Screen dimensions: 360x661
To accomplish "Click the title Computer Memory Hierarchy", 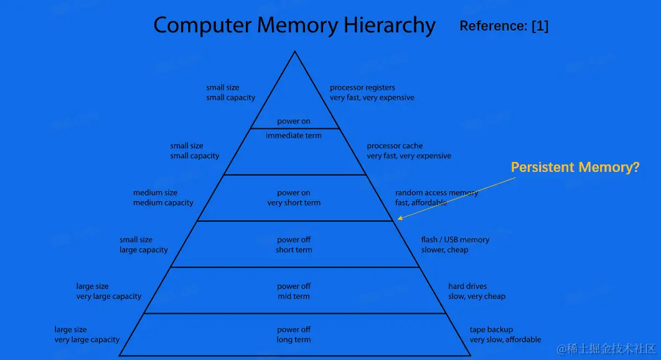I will [x=294, y=26].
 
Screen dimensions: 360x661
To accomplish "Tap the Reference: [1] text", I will [x=504, y=26].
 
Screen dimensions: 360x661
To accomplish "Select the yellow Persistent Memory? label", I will [x=574, y=168].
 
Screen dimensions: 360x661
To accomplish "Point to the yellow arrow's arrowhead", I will [x=400, y=218].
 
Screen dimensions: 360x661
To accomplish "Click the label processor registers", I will [x=362, y=88].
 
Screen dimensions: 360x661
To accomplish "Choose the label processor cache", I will [x=395, y=146].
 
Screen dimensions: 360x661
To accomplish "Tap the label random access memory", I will [x=436, y=193].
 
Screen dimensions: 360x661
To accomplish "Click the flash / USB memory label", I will [x=455, y=240].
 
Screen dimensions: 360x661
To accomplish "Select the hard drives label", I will [x=467, y=287].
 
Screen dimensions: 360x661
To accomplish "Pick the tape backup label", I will [x=491, y=329].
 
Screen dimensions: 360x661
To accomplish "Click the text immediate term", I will [x=294, y=136].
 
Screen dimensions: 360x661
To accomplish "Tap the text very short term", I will [x=294, y=203].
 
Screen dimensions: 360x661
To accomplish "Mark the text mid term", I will [x=294, y=296].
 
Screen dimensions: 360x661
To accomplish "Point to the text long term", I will [x=294, y=339].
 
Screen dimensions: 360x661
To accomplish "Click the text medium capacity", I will [x=163, y=203].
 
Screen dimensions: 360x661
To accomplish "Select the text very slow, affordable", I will [x=505, y=339].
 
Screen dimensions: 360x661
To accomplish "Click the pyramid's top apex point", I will [x=294, y=52].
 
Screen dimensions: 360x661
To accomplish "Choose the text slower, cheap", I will [x=444, y=250].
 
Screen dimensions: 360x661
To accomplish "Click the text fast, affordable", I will [x=421, y=203].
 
